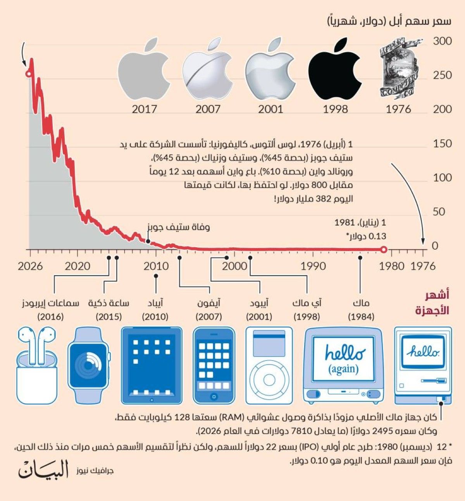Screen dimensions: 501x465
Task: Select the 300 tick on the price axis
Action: pyautogui.click(x=442, y=41)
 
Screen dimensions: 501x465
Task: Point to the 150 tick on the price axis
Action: pyautogui.click(x=442, y=144)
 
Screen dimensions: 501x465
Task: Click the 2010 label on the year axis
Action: pyautogui.click(x=156, y=266)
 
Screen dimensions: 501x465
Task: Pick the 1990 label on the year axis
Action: pyautogui.click(x=313, y=266)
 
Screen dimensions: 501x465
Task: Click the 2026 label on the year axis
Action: pyautogui.click(x=30, y=266)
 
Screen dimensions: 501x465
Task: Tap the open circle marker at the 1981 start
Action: pyautogui.click(x=383, y=250)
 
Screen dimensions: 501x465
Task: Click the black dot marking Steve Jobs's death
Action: pyautogui.click(x=148, y=241)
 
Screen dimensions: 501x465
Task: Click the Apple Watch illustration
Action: pyautogui.click(x=88, y=365)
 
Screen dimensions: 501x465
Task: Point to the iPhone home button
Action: pyautogui.click(x=214, y=396)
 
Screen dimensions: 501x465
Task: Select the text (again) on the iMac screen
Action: pyautogui.click(x=343, y=368)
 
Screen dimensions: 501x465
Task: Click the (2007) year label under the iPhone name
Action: pyautogui.click(x=208, y=317)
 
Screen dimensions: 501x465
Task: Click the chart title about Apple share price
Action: pyautogui.click(x=389, y=21)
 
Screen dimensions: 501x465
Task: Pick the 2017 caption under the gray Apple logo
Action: pyautogui.click(x=144, y=109)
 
